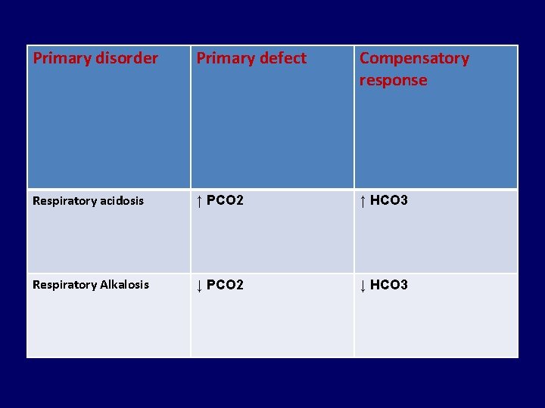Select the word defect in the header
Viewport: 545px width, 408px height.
point(282,58)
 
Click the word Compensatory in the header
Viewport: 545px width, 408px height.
point(414,58)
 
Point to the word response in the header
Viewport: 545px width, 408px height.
point(393,80)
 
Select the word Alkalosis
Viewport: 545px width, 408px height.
point(123,285)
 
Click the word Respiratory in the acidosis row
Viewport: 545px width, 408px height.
point(64,201)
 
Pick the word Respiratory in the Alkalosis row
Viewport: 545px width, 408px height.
point(64,285)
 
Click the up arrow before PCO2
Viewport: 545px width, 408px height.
point(199,201)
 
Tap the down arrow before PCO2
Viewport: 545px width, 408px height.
point(199,286)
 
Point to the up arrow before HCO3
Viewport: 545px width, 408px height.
point(363,201)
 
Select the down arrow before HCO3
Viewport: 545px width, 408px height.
point(363,286)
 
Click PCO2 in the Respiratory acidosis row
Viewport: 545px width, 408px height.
point(225,201)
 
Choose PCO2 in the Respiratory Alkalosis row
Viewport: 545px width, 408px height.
point(225,285)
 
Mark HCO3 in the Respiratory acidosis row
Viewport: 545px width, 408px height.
point(389,201)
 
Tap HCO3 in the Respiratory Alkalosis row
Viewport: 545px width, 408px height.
point(389,285)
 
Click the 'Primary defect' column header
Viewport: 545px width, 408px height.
point(252,58)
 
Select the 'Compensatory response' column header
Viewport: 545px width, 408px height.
point(414,69)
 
